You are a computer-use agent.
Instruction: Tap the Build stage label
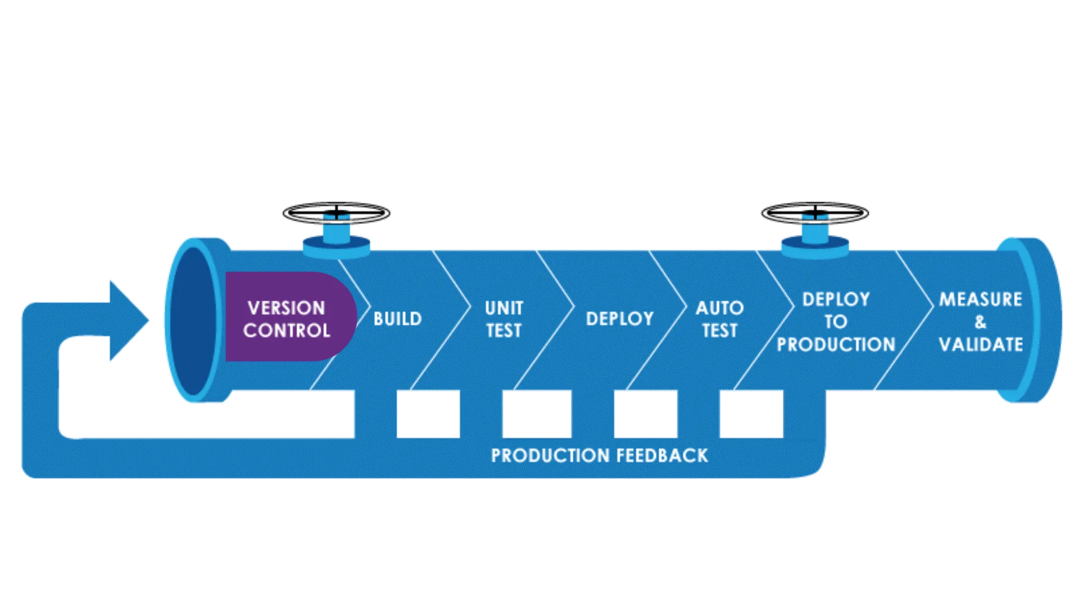(x=397, y=319)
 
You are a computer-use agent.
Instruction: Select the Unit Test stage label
(x=504, y=319)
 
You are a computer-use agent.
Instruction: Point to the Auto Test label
(x=719, y=319)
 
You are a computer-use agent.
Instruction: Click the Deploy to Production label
(x=836, y=321)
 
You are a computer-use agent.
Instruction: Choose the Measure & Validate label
(x=981, y=321)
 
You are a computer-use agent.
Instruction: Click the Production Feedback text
(x=599, y=455)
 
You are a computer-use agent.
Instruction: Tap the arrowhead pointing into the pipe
(x=129, y=320)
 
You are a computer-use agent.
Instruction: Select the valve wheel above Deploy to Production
(x=815, y=213)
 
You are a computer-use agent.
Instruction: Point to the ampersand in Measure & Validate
(x=981, y=322)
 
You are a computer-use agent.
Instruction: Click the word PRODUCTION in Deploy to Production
(x=836, y=345)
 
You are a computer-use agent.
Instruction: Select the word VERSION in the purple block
(x=286, y=308)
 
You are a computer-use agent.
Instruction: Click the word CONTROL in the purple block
(x=287, y=330)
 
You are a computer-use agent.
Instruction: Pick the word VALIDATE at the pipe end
(x=981, y=345)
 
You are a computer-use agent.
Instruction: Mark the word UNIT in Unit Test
(x=504, y=308)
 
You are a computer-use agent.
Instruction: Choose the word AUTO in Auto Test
(x=719, y=308)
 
